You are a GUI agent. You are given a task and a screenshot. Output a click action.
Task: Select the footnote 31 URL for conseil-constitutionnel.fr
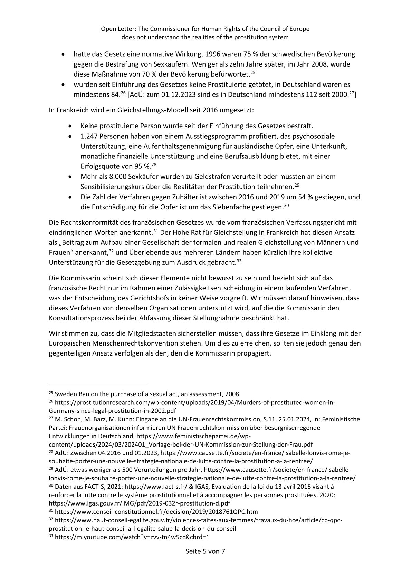pos(156,511)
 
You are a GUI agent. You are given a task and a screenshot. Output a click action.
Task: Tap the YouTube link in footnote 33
pos(132,537)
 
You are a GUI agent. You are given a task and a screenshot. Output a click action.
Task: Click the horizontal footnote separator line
pos(98,386)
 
